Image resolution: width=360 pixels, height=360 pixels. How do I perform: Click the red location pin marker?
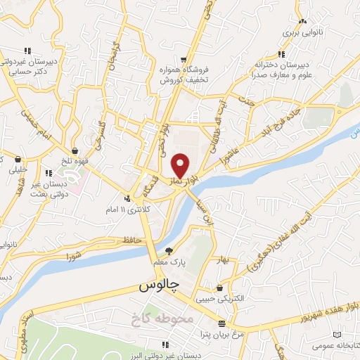[181, 166]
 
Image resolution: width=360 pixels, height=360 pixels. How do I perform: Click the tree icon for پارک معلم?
[168, 250]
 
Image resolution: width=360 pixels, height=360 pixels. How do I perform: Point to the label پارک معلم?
[169, 262]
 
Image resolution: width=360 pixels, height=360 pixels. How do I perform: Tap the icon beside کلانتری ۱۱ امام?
[127, 198]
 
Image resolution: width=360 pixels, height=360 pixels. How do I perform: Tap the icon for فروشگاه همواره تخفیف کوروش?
[184, 60]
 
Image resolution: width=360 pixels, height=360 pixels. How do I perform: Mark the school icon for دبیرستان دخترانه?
[281, 54]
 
